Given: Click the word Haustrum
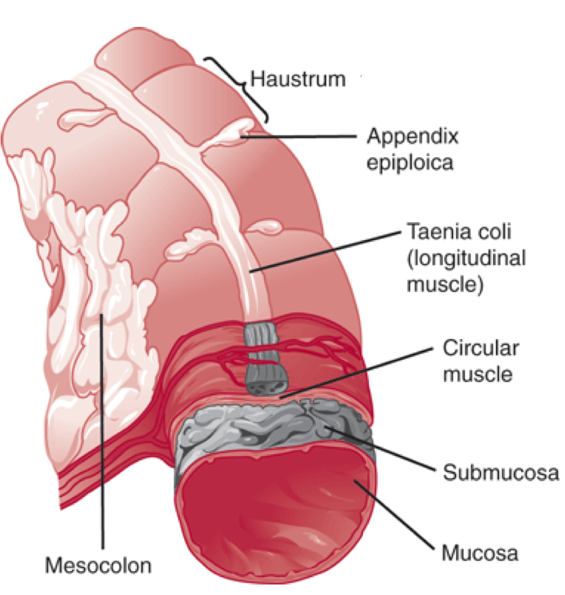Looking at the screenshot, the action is (x=298, y=80).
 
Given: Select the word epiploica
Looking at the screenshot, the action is (x=410, y=163).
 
